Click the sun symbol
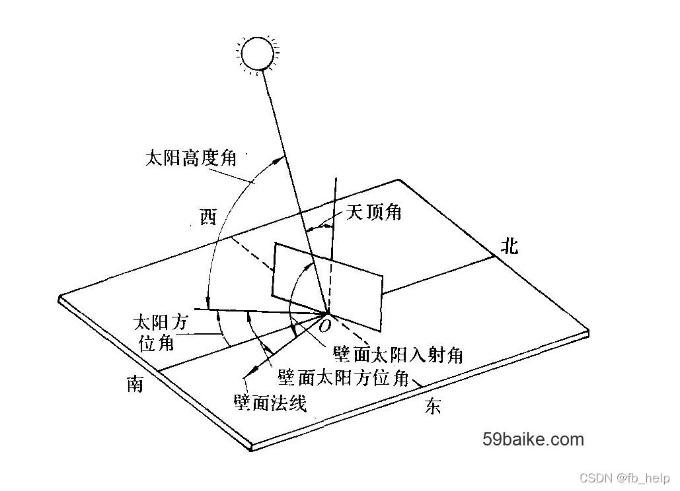click(257, 54)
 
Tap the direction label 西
click(208, 217)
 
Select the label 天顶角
click(374, 213)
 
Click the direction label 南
click(135, 384)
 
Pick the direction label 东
click(432, 407)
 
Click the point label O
click(325, 326)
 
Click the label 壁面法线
click(270, 402)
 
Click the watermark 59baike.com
click(533, 439)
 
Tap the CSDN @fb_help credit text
click(624, 478)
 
